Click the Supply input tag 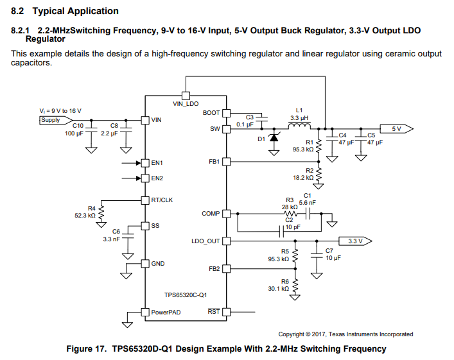pos(56,120)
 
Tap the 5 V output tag pos(396,129)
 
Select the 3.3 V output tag pos(356,241)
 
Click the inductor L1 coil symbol pos(299,126)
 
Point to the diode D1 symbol pos(274,137)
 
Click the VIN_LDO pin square pos(186,96)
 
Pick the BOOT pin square pos(227,113)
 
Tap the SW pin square pos(227,129)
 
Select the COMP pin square pos(227,214)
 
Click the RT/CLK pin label pos(162,200)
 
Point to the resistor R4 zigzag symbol pos(101,212)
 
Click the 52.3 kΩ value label pos(85,216)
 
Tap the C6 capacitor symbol pos(128,236)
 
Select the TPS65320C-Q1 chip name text pos(186,295)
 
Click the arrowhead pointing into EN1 pos(139,163)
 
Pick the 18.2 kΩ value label pos(303,177)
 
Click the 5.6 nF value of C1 pos(308,203)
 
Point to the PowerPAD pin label pos(166,313)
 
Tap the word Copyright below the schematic pos(292,334)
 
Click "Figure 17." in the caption pos(87,348)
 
